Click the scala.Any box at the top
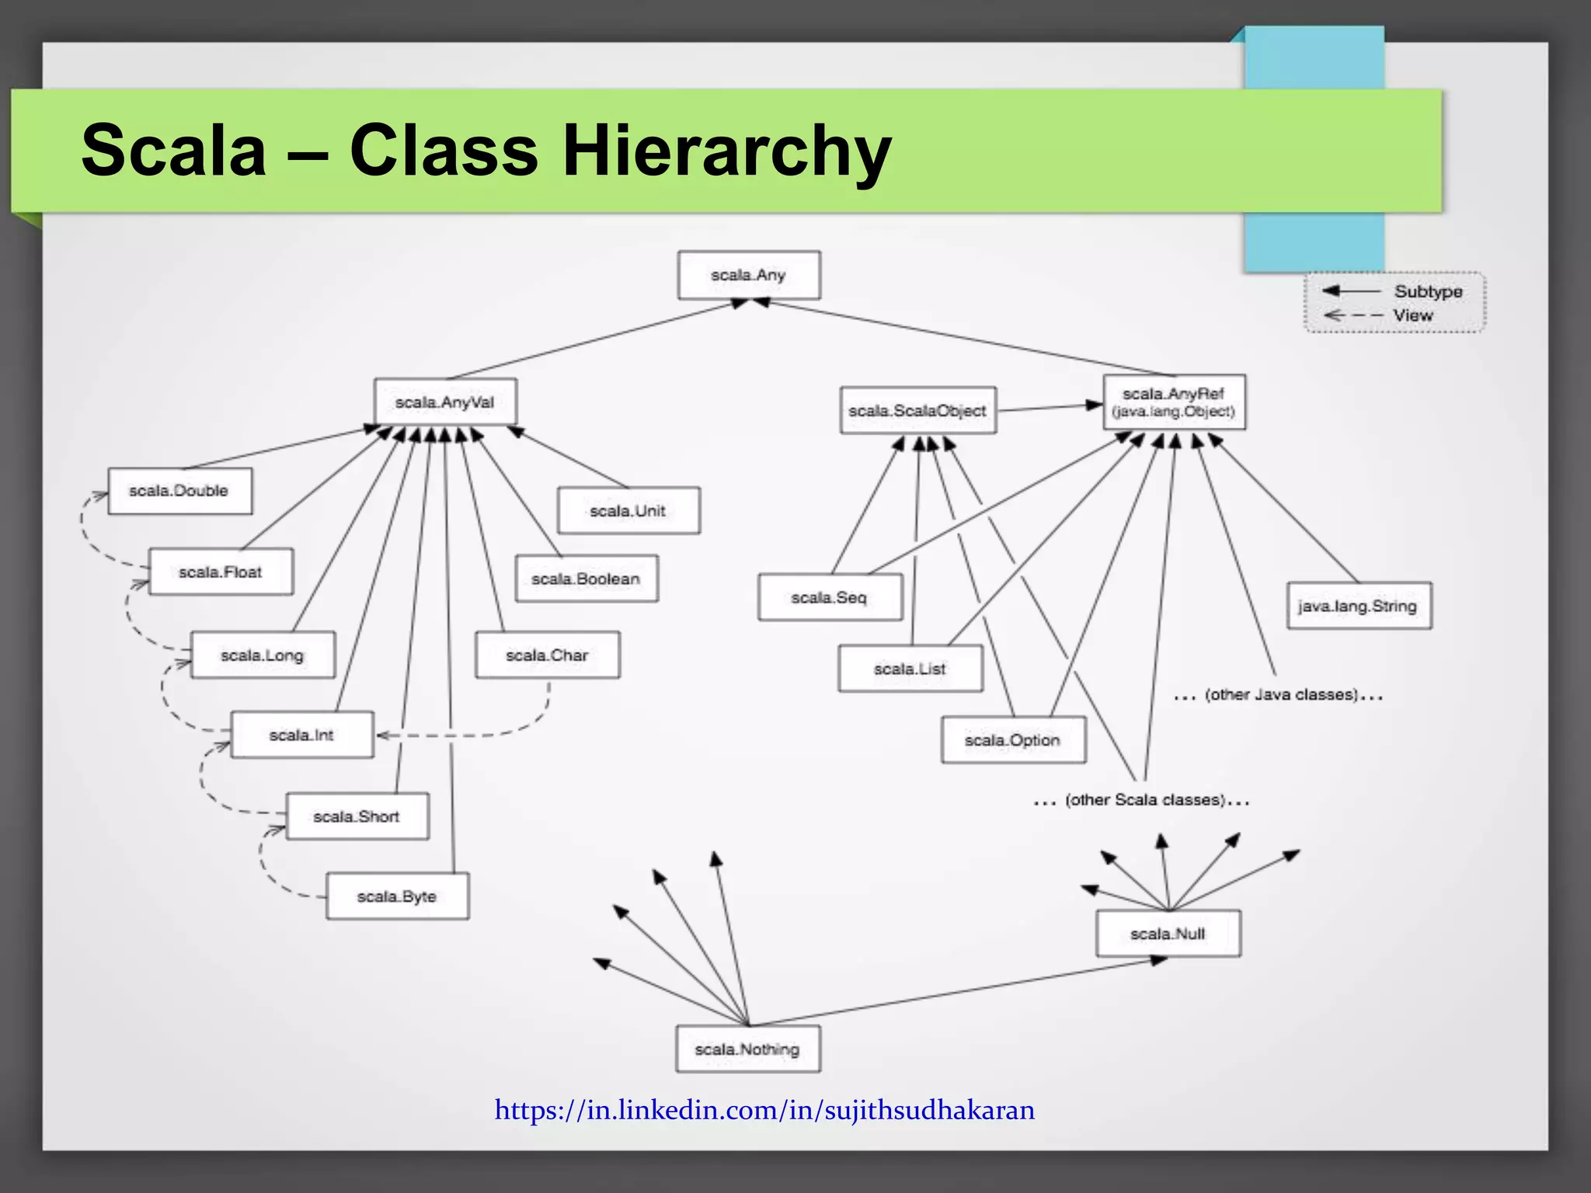click(748, 275)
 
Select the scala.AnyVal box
click(444, 402)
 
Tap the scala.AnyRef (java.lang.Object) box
click(1174, 402)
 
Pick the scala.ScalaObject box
click(917, 410)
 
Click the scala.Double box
click(179, 491)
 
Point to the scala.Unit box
click(628, 510)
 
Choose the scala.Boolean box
click(586, 579)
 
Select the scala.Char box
click(547, 655)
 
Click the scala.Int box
click(301, 735)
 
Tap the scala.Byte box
click(397, 896)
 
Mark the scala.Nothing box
click(747, 1049)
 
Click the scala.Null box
click(1168, 934)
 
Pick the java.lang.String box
click(1358, 606)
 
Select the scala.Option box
click(1012, 740)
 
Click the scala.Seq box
click(829, 597)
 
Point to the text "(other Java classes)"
click(1281, 694)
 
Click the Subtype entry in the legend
click(1427, 291)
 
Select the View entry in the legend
click(1412, 315)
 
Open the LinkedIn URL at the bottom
click(764, 1110)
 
